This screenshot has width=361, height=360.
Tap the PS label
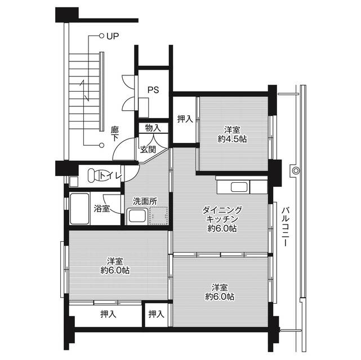[x=153, y=89]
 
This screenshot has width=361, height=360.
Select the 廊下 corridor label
[x=115, y=133]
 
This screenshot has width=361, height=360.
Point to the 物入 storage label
[x=153, y=128]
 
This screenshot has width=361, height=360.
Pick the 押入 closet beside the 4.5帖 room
[x=184, y=119]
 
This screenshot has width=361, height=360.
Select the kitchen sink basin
[x=237, y=187]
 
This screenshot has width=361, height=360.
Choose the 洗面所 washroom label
[x=145, y=201]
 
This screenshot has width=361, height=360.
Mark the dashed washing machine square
[x=158, y=216]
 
